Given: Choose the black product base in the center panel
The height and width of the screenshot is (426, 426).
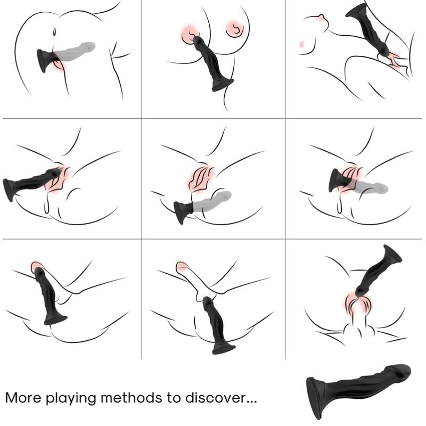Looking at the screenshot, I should click(183, 212).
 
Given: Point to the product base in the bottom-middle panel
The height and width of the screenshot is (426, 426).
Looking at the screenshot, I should click(224, 348).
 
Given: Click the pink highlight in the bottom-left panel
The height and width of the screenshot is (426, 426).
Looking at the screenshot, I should click(37, 267).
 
